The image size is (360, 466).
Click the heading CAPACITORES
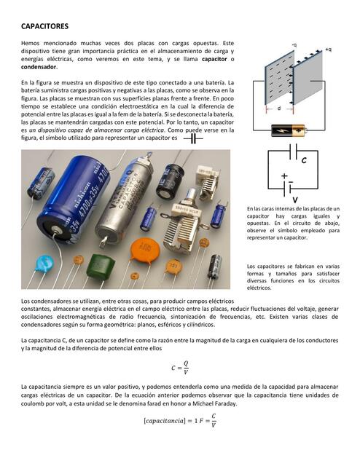[x=44, y=26]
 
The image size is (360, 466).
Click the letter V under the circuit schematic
[x=294, y=199]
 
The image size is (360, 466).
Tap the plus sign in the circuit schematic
[x=284, y=175]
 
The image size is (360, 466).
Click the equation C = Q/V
[x=179, y=368]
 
